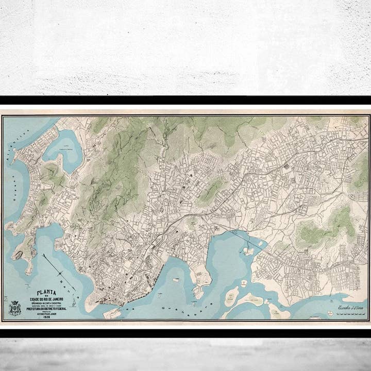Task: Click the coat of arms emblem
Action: [14, 308]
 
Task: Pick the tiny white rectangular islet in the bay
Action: [176, 280]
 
